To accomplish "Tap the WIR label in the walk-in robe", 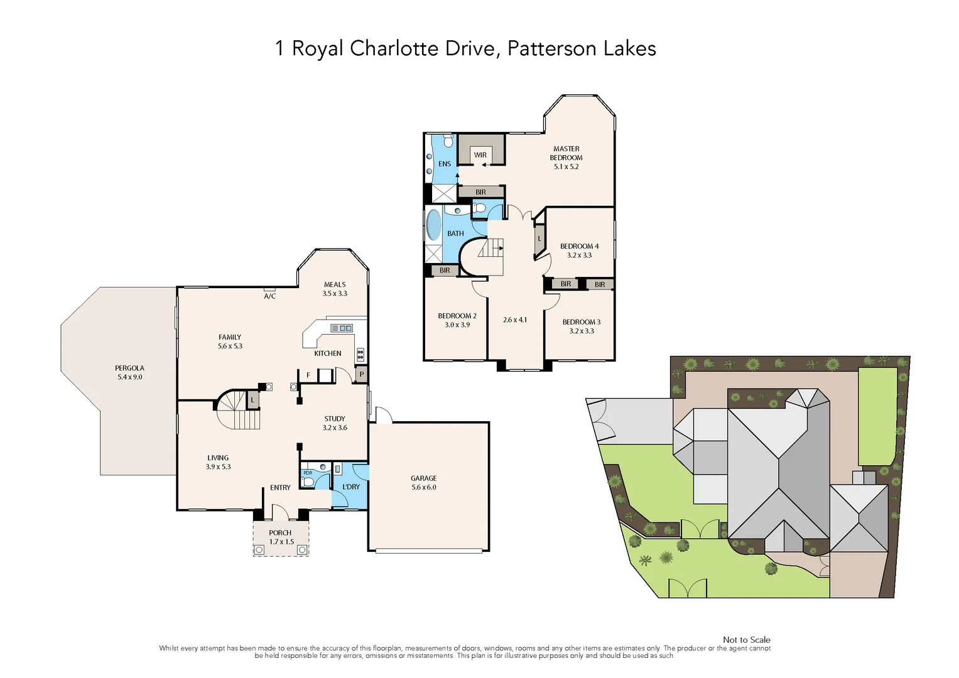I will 480,155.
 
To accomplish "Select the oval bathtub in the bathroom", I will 433,225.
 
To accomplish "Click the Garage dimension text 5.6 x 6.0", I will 424,487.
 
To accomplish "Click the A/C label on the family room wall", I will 270,296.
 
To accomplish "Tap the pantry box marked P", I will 361,375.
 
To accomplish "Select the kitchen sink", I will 342,328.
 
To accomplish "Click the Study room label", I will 335,419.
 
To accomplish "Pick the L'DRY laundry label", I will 351,487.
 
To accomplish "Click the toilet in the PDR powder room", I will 308,482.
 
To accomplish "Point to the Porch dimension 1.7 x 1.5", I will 281,542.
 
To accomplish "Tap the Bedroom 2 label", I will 457,316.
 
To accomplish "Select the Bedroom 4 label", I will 579,246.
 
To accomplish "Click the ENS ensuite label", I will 445,164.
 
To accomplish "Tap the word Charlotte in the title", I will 394,48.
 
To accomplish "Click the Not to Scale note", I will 746,640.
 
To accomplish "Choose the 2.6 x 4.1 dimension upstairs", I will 515,320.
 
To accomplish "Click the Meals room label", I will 335,284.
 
